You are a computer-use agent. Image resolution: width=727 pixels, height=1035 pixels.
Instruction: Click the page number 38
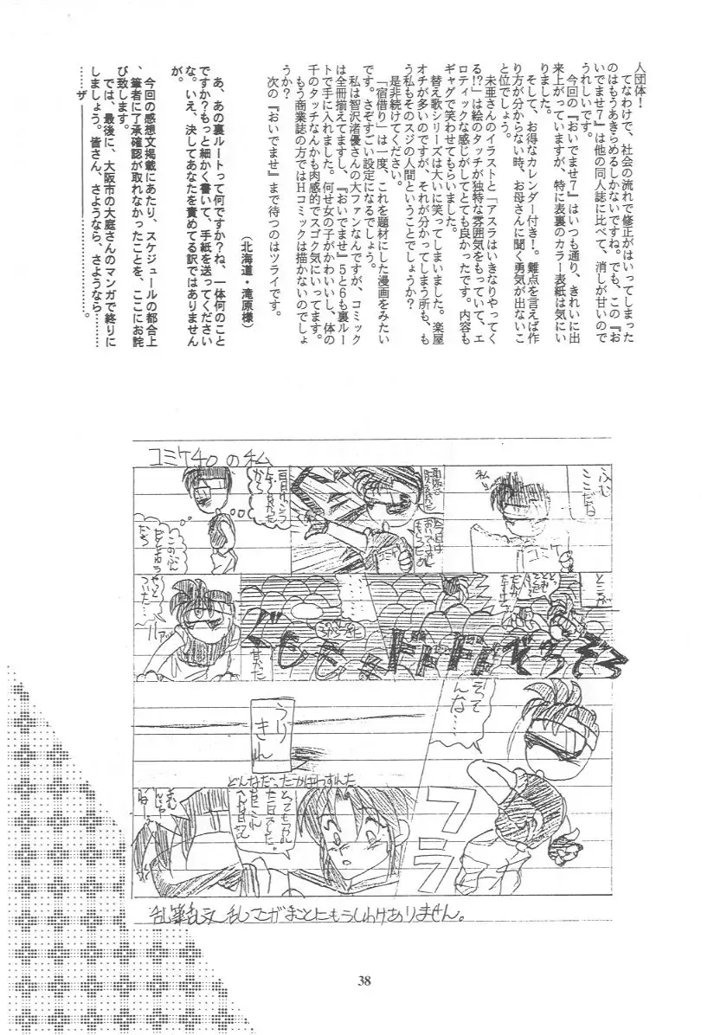363,980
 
